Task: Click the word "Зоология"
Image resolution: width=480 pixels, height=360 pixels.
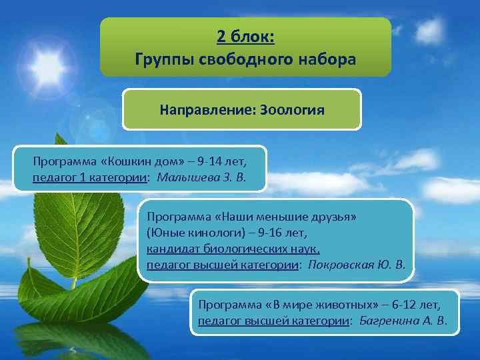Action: [293, 109]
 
